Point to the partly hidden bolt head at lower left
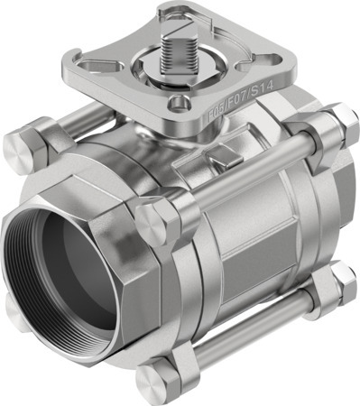[15, 307]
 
